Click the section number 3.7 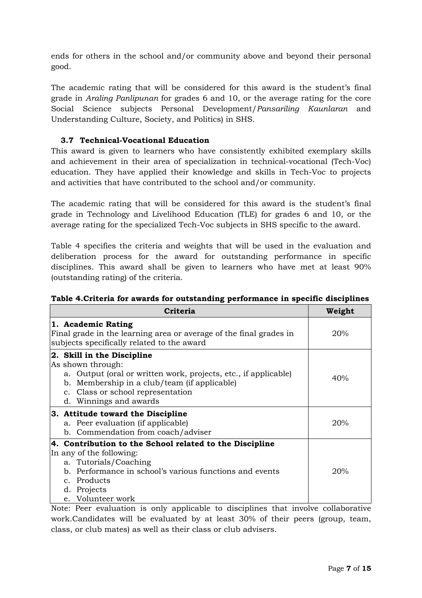pos(67,140)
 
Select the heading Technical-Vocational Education pos(144,140)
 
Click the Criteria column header pos(179,311)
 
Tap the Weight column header pos(340,311)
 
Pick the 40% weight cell pos(340,378)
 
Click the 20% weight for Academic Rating pos(340,333)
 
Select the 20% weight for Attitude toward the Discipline pos(340,423)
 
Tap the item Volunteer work pos(105,499)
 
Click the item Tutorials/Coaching pos(114,462)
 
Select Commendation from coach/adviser pos(144,432)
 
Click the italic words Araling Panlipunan pos(122,98)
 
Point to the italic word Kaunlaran pos(328,109)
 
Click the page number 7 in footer pos(349,568)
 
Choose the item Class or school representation pos(134,392)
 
